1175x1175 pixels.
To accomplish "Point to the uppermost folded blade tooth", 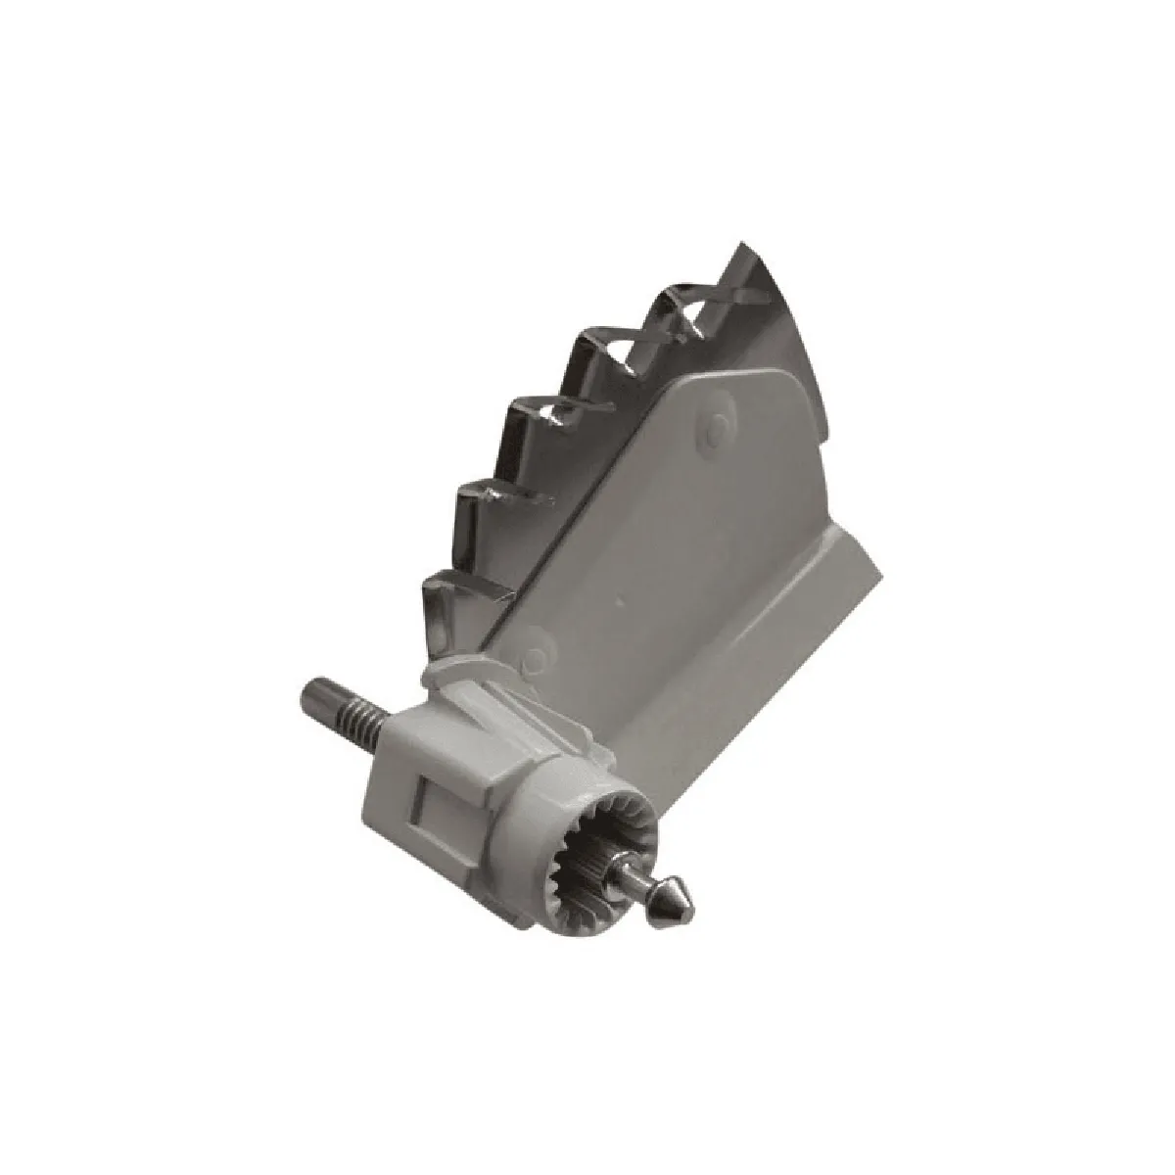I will (x=685, y=308).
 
